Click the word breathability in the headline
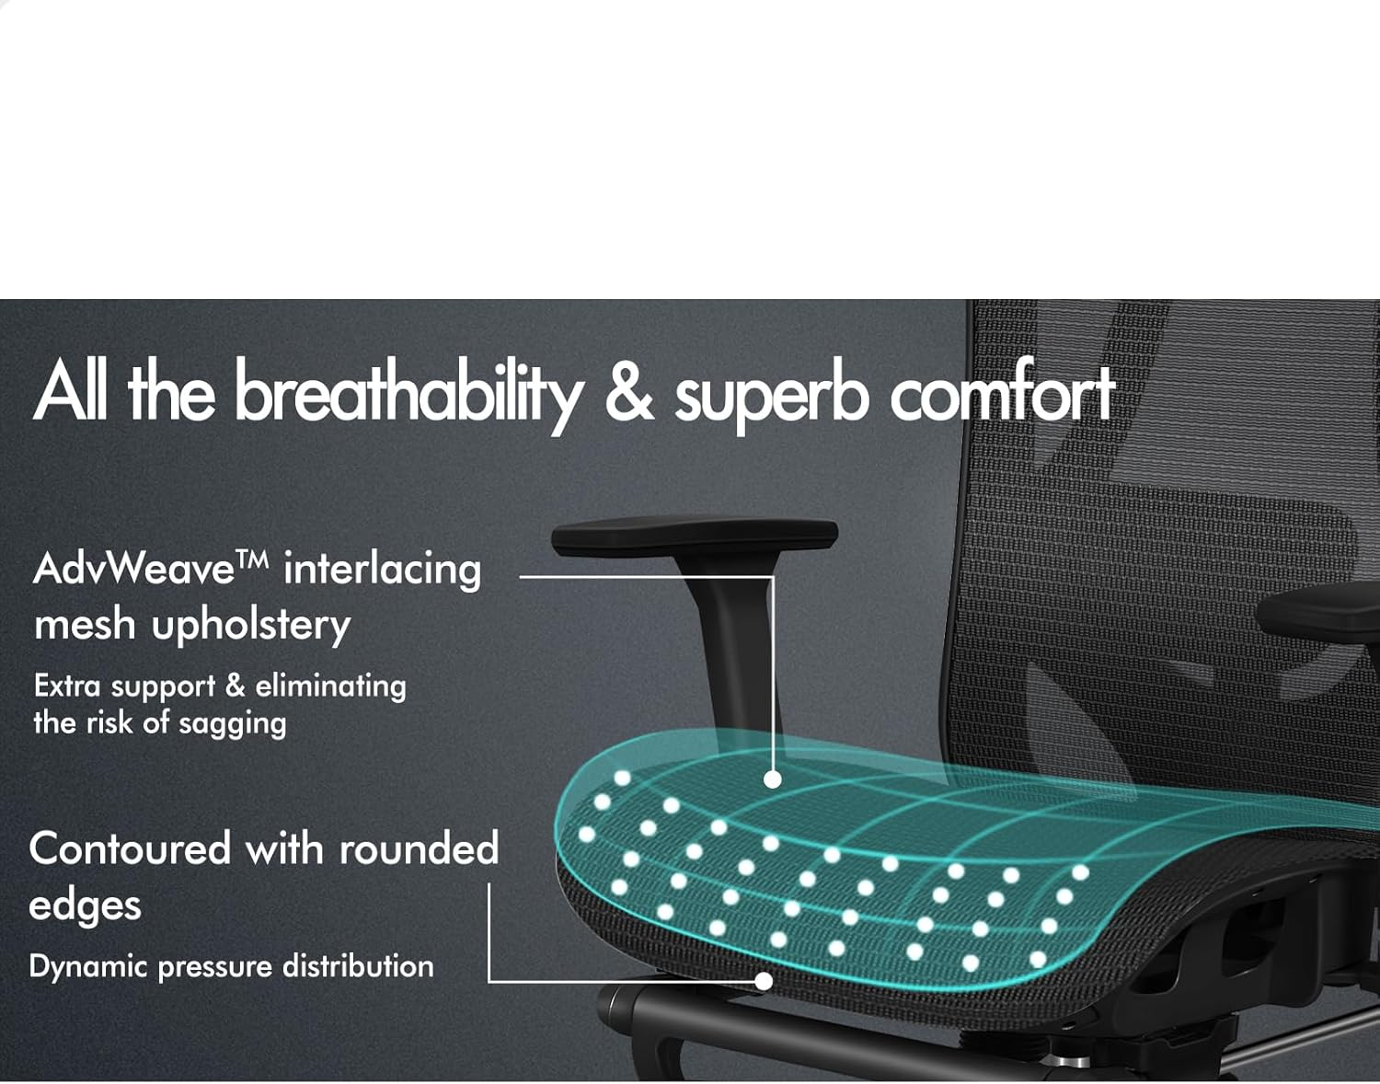(408, 394)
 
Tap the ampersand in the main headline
(628, 392)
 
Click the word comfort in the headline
(1002, 394)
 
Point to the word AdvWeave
(134, 569)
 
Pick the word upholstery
(251, 626)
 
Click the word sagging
(232, 724)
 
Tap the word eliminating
(330, 686)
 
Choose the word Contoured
(130, 848)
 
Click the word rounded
(419, 848)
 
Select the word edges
(85, 905)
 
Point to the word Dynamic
(88, 967)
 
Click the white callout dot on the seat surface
(773, 779)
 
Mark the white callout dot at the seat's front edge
(763, 981)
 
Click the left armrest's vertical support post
(736, 644)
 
